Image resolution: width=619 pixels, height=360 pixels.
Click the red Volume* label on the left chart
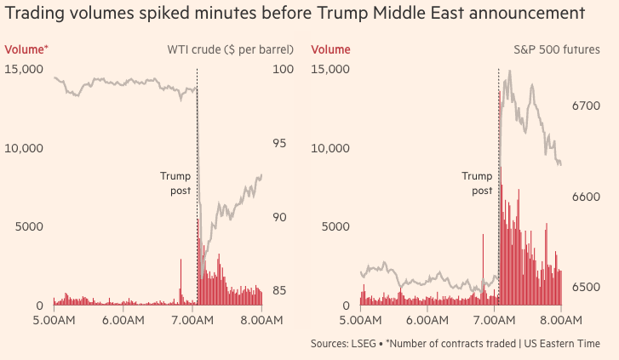coord(26,50)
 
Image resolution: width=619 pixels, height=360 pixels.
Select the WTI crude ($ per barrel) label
coord(229,50)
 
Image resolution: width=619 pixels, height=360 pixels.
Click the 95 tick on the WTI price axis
coord(278,143)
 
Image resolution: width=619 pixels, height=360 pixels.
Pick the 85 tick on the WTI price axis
coord(278,291)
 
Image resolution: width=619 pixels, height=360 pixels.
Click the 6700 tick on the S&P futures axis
coord(587,106)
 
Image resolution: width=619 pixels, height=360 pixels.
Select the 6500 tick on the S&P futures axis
coord(587,288)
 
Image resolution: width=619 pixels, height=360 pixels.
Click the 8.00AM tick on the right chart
coord(561,321)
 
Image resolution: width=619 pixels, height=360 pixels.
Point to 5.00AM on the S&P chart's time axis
coord(361,321)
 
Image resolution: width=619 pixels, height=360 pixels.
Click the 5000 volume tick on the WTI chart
coord(29,227)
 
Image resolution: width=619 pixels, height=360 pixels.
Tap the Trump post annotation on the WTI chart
coord(176,183)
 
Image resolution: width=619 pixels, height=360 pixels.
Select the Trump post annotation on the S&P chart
coord(478,183)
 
